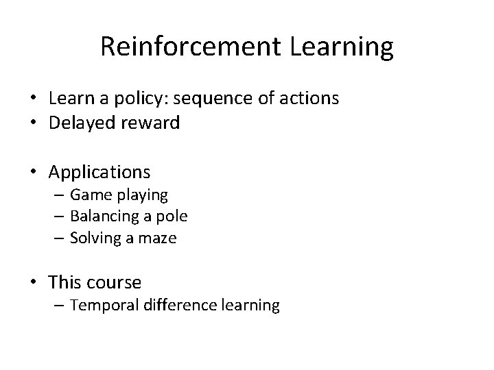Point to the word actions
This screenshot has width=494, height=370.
tap(309, 99)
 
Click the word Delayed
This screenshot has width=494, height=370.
tap(79, 123)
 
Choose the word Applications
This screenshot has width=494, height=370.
tap(99, 170)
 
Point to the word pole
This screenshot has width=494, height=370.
tap(172, 217)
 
